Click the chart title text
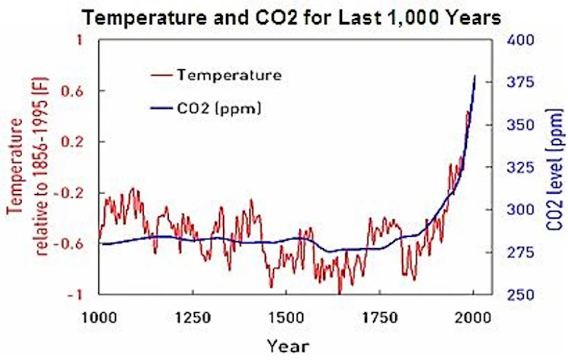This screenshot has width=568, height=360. pyautogui.click(x=291, y=18)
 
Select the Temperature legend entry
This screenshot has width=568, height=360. pyautogui.click(x=216, y=75)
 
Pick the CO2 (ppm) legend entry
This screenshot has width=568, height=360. pyautogui.click(x=206, y=108)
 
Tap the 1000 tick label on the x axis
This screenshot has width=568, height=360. pyautogui.click(x=99, y=317)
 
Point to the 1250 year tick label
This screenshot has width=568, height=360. pyautogui.click(x=193, y=317)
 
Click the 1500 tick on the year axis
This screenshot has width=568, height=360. pyautogui.click(x=286, y=317)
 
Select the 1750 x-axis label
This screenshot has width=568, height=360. pyautogui.click(x=381, y=317)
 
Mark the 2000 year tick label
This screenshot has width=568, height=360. pyautogui.click(x=474, y=317)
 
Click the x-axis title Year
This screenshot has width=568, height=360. pyautogui.click(x=289, y=346)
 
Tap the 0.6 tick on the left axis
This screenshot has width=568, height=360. pyautogui.click(x=72, y=91)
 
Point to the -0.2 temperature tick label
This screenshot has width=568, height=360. pyautogui.click(x=69, y=192)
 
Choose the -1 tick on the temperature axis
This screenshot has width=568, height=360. pyautogui.click(x=75, y=295)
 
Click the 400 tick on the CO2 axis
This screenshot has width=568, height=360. pyautogui.click(x=520, y=40)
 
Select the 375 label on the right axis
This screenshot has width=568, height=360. pyautogui.click(x=520, y=82)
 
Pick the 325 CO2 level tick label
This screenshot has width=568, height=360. pyautogui.click(x=520, y=168)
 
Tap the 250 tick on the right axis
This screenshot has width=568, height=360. pyautogui.click(x=520, y=295)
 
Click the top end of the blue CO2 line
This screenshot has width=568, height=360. pyautogui.click(x=475, y=76)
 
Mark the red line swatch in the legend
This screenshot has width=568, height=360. pyautogui.click(x=161, y=75)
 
